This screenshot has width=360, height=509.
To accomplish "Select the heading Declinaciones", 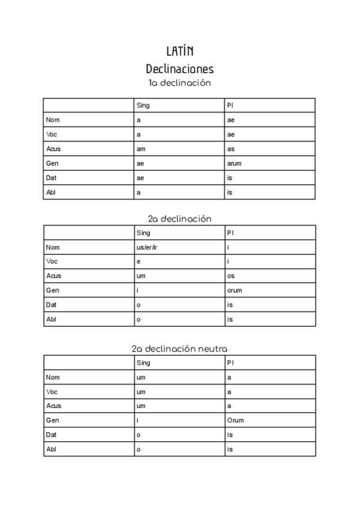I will pyautogui.click(x=180, y=68).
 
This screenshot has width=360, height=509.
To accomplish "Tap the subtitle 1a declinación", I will pyautogui.click(x=180, y=83).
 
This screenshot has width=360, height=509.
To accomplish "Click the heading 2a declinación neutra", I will pyautogui.click(x=180, y=348).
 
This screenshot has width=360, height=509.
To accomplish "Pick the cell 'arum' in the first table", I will pyautogui.click(x=235, y=163).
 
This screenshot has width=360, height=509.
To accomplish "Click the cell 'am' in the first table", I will pyautogui.click(x=140, y=149).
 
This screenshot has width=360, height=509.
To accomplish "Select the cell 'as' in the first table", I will pyautogui.click(x=231, y=149).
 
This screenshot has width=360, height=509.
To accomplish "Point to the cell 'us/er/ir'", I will pyautogui.click(x=146, y=247).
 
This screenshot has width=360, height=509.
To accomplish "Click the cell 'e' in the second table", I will pyautogui.click(x=139, y=261).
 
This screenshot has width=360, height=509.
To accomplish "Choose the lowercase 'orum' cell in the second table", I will pyautogui.click(x=235, y=291).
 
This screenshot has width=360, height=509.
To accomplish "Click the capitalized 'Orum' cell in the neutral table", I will pyautogui.click(x=235, y=421).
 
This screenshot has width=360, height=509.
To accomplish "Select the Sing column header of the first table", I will pyautogui.click(x=143, y=106).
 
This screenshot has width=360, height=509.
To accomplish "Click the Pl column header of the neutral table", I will pyautogui.click(x=230, y=363).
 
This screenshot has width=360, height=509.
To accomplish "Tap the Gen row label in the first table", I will pyautogui.click(x=52, y=163).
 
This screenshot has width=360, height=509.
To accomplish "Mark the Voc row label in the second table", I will pyautogui.click(x=52, y=261).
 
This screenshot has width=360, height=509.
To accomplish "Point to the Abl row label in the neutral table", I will pyautogui.click(x=50, y=450).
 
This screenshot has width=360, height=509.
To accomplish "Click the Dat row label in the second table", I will pyautogui.click(x=51, y=305).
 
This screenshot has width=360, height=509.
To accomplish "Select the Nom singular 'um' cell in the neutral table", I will pyautogui.click(x=141, y=377).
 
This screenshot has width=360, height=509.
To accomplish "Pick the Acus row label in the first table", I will pyautogui.click(x=53, y=149).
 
